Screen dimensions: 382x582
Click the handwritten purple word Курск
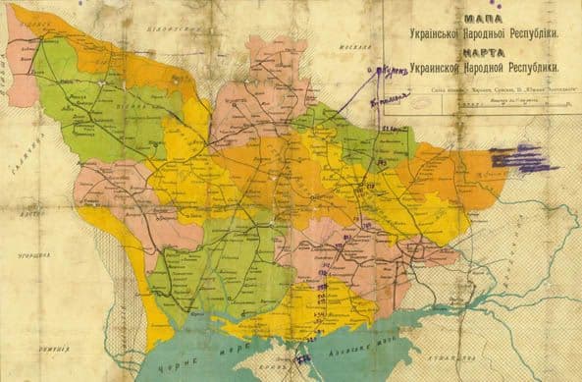point(391,71)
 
